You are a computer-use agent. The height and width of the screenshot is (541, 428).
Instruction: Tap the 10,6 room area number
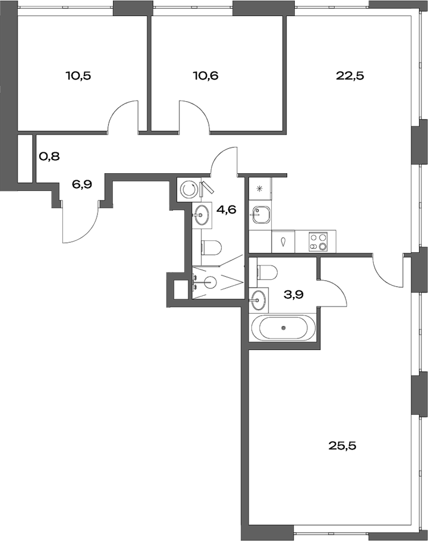tap(206, 76)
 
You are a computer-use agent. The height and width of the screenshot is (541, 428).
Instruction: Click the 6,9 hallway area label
tap(82, 184)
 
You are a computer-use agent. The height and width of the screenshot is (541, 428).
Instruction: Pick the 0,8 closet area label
tap(49, 157)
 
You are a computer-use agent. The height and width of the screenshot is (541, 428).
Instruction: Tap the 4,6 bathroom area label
tap(226, 209)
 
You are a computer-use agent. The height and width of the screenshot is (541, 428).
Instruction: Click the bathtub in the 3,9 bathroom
tap(283, 328)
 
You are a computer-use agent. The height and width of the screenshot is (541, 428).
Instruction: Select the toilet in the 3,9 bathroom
tap(267, 273)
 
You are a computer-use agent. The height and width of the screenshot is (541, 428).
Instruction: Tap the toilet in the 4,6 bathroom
tap(211, 246)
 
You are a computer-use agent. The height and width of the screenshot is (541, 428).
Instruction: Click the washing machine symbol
tap(189, 189)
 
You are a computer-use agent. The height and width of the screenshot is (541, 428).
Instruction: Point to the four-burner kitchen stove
tap(318, 242)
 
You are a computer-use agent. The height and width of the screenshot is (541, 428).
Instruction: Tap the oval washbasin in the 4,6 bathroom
tap(202, 213)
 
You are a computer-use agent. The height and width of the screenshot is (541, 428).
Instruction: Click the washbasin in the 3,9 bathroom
tap(258, 301)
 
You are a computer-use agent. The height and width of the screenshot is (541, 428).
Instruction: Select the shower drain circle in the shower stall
tap(207, 283)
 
